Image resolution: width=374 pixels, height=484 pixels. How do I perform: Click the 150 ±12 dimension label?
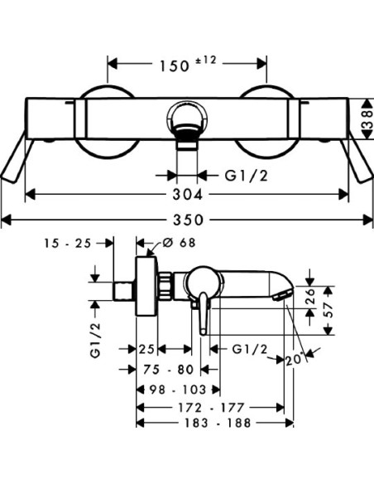188,64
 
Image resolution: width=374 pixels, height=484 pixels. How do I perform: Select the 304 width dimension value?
188,195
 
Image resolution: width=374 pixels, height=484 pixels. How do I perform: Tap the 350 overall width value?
188,220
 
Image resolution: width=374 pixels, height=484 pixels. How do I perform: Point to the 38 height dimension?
367,119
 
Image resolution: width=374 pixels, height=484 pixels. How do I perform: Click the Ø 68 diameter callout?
179,243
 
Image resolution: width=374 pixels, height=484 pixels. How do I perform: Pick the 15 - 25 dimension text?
68,243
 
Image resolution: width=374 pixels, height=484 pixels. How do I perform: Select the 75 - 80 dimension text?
169,369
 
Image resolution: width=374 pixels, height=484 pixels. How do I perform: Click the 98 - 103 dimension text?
178,390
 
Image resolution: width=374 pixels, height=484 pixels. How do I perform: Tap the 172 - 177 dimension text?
211,408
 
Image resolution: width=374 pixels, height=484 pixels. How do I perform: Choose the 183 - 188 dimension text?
218,423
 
